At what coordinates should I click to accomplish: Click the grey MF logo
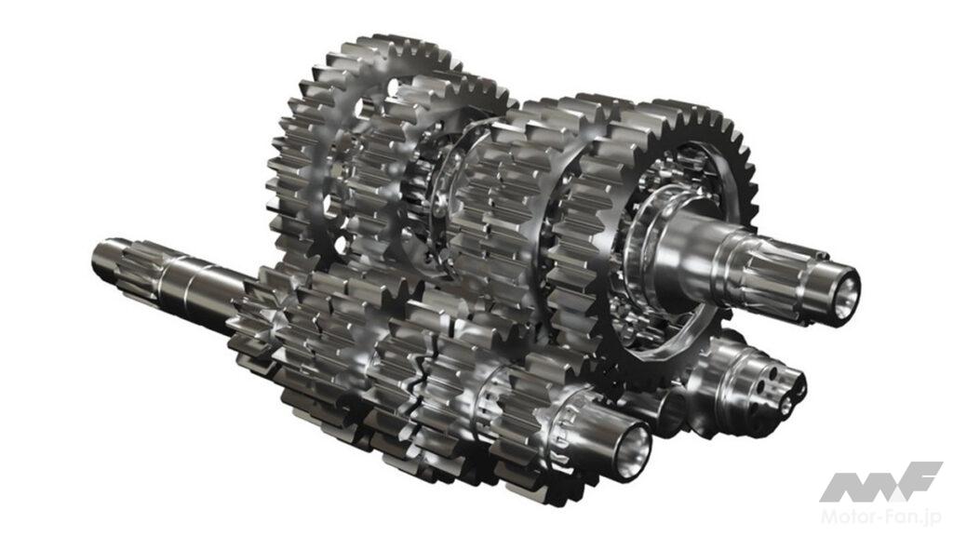click(881, 482)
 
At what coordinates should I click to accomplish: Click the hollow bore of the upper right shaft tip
click(844, 287)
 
